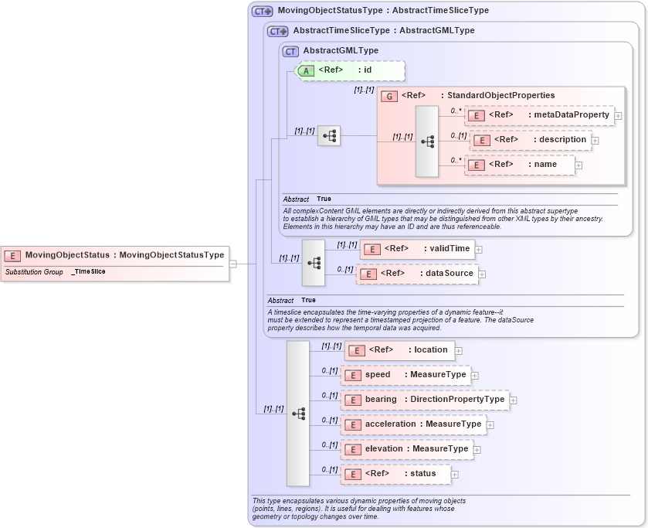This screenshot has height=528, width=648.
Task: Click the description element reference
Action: (x=531, y=140)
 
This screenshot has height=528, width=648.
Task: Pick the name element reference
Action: (x=520, y=165)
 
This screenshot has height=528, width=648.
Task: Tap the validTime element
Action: (x=417, y=249)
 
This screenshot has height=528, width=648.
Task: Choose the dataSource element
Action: (x=417, y=274)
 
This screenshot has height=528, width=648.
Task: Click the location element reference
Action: (x=399, y=350)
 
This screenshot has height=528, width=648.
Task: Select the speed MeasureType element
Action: (x=406, y=375)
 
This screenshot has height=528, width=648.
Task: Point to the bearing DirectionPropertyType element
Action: (x=425, y=400)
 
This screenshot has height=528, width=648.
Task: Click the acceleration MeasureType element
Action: (x=413, y=424)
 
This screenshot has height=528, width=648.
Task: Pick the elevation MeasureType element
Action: (x=407, y=449)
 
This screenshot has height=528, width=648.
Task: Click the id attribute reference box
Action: (x=351, y=70)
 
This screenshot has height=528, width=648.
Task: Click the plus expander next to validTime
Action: (x=479, y=250)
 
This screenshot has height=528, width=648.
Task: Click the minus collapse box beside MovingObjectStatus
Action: (x=233, y=264)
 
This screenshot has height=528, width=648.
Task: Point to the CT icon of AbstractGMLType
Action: (x=290, y=51)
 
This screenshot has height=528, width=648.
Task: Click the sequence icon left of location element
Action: (x=298, y=414)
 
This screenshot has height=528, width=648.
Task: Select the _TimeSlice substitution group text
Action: (x=88, y=272)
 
